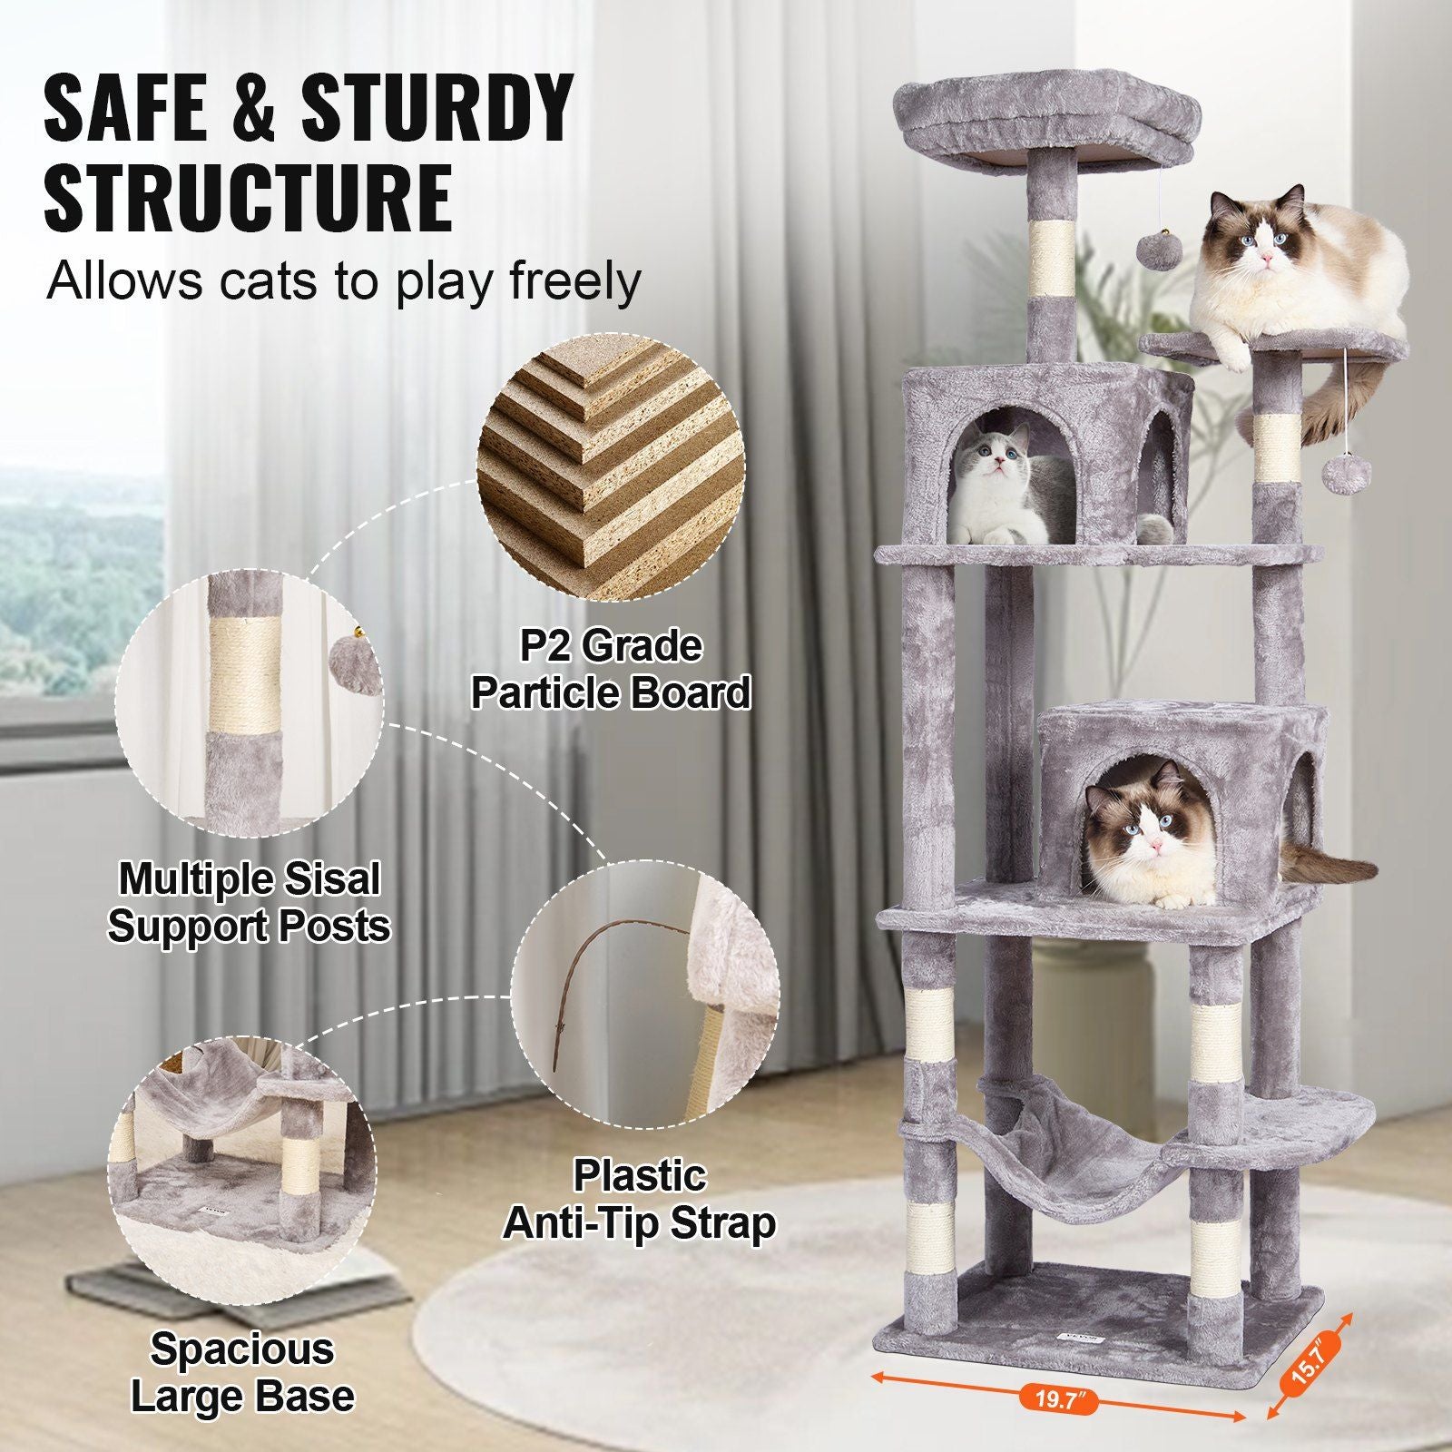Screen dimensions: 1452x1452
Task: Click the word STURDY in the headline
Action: (437, 109)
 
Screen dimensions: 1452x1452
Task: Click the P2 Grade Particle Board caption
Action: (611, 670)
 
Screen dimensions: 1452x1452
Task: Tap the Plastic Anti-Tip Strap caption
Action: (640, 1200)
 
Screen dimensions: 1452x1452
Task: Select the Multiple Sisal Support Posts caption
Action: (249, 902)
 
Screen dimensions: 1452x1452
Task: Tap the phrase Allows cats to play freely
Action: (343, 281)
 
